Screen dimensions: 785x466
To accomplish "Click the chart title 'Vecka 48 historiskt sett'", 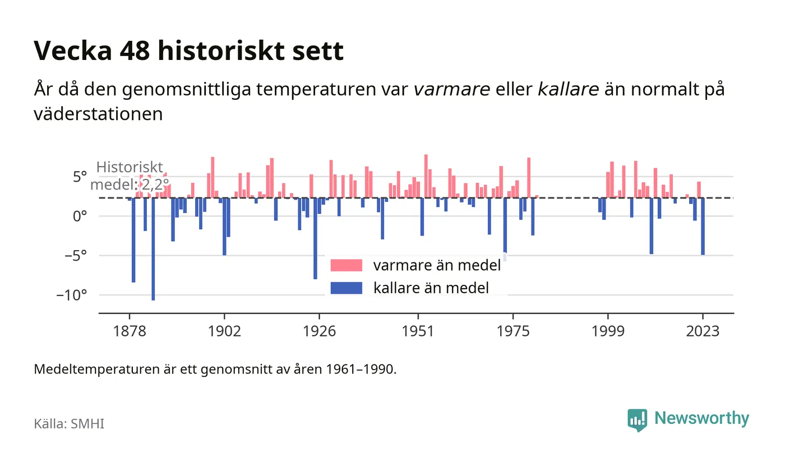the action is pos(188,51).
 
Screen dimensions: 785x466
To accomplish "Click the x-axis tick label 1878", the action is pos(130,331).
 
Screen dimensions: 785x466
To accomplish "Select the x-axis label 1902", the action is pos(224,331).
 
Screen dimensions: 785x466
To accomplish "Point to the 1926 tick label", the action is pos(319,331).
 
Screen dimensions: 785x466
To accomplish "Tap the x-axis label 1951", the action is pos(418,331).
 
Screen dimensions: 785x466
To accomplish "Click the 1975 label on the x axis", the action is pos(513,331).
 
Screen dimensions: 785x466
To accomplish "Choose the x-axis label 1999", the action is pos(608,331).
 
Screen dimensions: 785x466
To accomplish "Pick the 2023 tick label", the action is pos(703,331).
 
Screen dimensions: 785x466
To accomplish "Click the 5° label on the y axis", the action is pos(80,177).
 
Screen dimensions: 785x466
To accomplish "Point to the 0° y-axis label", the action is pos(80,216).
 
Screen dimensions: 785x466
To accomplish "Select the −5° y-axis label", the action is pos(76,256).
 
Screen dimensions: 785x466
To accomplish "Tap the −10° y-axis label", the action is pos(72,296).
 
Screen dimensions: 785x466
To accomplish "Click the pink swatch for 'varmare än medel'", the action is pos(347,265).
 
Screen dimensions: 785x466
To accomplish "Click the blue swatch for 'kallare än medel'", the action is pos(347,288).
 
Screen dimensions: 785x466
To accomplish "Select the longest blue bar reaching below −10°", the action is pos(153,249).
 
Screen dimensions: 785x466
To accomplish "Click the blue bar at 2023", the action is pos(703,227).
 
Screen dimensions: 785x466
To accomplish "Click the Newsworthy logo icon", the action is pos(637,420).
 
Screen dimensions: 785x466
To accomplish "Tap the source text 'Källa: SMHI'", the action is pos(69,423).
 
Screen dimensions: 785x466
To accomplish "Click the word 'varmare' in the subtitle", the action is pos(452,89).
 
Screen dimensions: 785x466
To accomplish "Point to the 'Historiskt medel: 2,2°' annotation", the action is pos(130,176).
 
